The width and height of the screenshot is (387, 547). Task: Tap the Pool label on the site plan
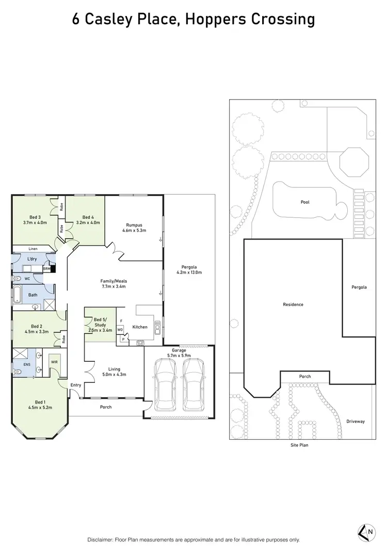pyautogui.click(x=305, y=202)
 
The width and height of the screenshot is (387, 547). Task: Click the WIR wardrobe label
pyautogui.click(x=54, y=362)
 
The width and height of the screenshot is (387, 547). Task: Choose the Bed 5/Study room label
pyautogui.click(x=96, y=322)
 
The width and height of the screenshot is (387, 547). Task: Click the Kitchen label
pyautogui.click(x=140, y=327)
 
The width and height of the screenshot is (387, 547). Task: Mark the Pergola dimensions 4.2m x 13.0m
pyautogui.click(x=189, y=272)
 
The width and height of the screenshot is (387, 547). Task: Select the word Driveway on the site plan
pyautogui.click(x=356, y=422)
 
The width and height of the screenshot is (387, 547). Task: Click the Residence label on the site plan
pyautogui.click(x=293, y=304)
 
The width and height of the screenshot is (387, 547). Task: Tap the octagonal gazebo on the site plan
pyautogui.click(x=354, y=162)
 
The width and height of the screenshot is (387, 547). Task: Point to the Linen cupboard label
pyautogui.click(x=33, y=248)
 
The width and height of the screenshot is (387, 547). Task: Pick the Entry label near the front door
pyautogui.click(x=76, y=385)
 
